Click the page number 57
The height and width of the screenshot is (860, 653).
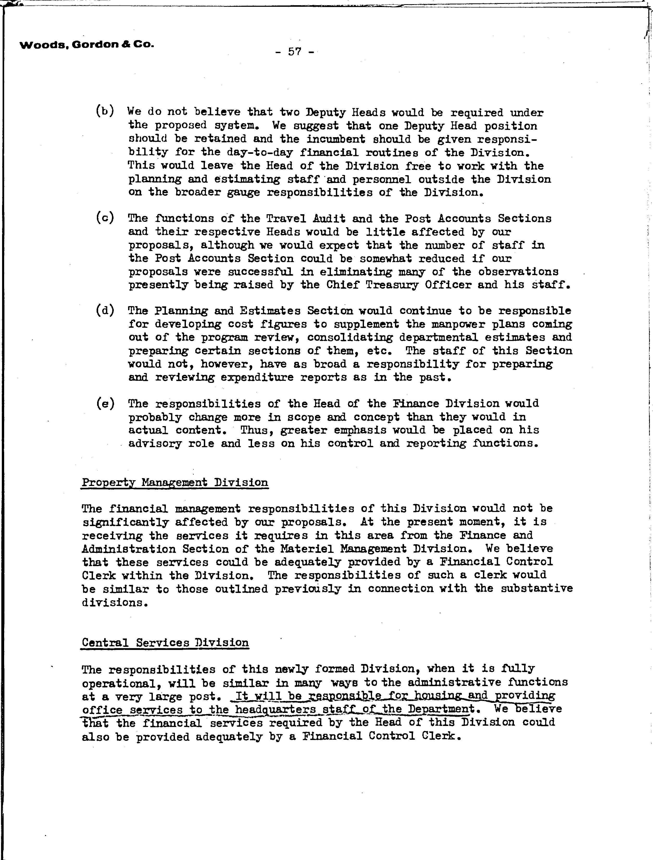pyautogui.click(x=295, y=52)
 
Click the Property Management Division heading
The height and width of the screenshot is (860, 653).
pyautogui.click(x=175, y=483)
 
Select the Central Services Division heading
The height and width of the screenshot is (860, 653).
pyautogui.click(x=165, y=643)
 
